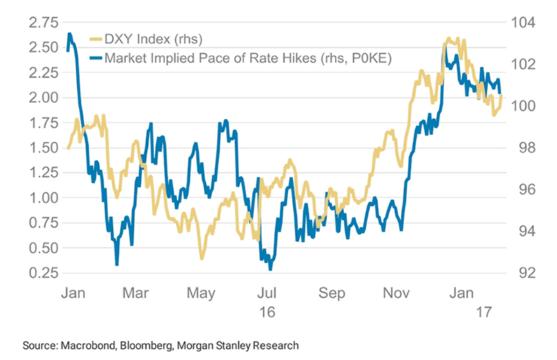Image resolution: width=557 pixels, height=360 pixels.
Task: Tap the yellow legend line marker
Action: point(96,39)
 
